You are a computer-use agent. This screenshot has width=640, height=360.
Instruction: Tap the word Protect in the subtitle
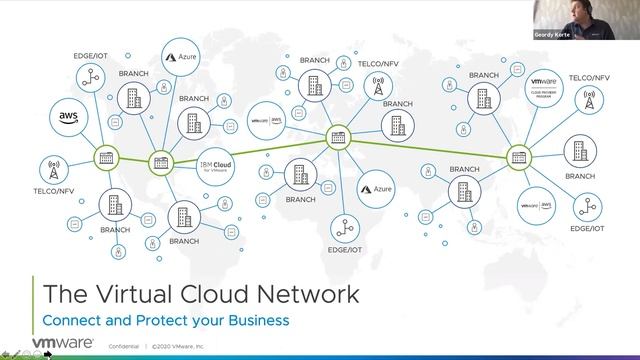coord(155,320)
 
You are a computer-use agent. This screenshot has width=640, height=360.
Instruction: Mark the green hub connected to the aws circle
coord(105,158)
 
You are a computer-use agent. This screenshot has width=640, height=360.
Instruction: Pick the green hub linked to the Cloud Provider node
coord(519,155)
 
